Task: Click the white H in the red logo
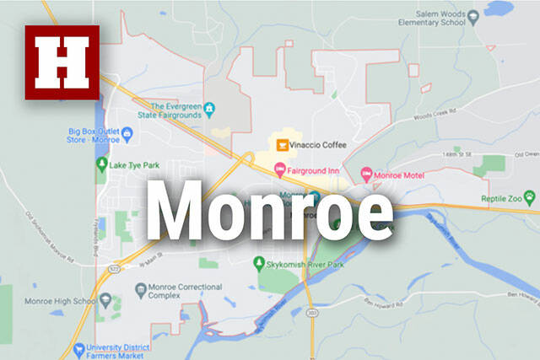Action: (x=62, y=62)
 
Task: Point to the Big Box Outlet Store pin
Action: (x=127, y=132)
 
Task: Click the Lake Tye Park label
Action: (x=136, y=165)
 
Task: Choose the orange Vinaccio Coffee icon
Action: (x=281, y=143)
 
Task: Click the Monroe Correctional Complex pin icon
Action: (x=141, y=289)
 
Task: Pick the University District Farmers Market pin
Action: (x=78, y=347)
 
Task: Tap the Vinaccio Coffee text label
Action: (x=317, y=144)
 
